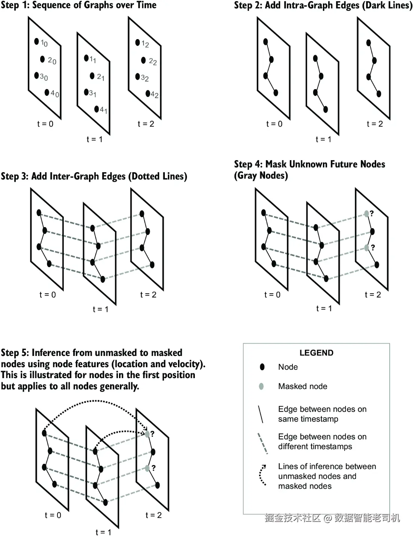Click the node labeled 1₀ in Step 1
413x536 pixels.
point(36,41)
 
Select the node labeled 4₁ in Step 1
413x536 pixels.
point(96,109)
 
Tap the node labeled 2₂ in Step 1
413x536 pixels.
point(143,60)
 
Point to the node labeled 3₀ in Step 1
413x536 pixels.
point(36,76)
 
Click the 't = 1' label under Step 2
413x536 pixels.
point(323,139)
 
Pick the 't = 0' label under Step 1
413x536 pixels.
point(45,124)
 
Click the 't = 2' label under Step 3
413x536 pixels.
point(148,295)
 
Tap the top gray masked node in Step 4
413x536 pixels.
point(366,214)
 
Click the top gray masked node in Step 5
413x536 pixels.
point(147,434)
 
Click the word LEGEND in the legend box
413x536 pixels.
point(316,353)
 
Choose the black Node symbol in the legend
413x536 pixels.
point(262,367)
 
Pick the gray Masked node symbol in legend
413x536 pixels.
point(261,386)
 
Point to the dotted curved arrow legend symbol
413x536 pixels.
point(262,475)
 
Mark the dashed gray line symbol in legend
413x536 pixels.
point(262,444)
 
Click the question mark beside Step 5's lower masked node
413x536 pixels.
point(153,468)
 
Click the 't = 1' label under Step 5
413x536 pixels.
point(103,532)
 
